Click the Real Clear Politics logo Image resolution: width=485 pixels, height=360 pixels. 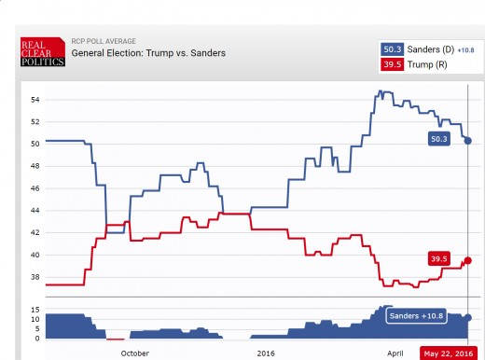(43, 52)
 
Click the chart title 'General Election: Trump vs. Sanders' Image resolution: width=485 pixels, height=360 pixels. (148, 53)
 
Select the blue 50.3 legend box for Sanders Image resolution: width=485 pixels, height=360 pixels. (390, 48)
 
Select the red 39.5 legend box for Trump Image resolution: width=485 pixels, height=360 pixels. (390, 63)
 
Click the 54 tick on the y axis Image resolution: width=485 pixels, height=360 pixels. (35, 100)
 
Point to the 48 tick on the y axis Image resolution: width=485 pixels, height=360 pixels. (35, 166)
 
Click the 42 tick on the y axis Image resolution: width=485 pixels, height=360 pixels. (35, 233)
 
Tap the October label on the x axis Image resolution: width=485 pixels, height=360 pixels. (134, 353)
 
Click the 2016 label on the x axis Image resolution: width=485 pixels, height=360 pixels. (265, 353)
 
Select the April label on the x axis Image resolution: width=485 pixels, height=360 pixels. (395, 353)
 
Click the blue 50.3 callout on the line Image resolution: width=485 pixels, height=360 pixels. (440, 139)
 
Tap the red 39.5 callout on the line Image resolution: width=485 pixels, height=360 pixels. (440, 258)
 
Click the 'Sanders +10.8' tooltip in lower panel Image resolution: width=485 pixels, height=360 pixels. (417, 316)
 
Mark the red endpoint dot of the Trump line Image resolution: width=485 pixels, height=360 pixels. (467, 260)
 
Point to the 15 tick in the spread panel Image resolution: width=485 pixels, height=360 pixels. (35, 309)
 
